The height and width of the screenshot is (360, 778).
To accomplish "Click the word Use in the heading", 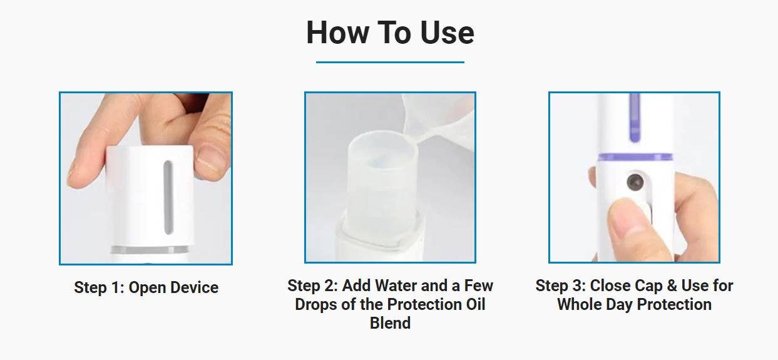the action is pos(447,33).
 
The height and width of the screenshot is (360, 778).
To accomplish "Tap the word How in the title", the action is pos(337,33).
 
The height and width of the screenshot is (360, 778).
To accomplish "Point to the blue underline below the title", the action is pos(390,62).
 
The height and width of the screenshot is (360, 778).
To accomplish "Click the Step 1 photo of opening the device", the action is pos(146,178).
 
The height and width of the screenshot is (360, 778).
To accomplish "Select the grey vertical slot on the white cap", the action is pos(168,197).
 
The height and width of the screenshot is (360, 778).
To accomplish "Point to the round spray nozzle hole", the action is pos(635,182).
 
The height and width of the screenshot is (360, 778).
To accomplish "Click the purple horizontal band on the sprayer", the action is pos(635,157).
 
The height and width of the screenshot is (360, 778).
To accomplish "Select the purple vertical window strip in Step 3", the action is pos(635,118).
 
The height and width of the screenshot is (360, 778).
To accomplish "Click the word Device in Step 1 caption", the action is pos(194,288).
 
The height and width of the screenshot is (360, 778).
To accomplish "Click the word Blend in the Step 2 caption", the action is pos(390,323).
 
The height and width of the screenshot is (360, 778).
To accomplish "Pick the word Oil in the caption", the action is pos(476,304).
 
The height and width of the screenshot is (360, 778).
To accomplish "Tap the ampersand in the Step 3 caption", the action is pos(672,285).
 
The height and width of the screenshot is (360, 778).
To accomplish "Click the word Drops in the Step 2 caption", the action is pos(315,305).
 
